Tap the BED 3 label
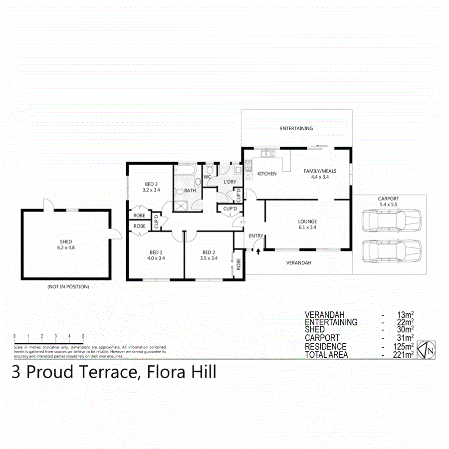tap(151, 184)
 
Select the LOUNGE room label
tap(307, 222)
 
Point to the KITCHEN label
tap(267, 174)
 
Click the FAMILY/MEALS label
tap(320, 171)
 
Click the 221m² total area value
tap(404, 355)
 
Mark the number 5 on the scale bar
tap(83, 336)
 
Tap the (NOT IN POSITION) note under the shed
tap(68, 287)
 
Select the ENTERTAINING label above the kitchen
tap(296, 128)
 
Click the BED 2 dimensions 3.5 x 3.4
tap(209, 258)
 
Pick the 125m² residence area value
tap(404, 347)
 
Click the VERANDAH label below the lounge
tap(298, 262)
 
